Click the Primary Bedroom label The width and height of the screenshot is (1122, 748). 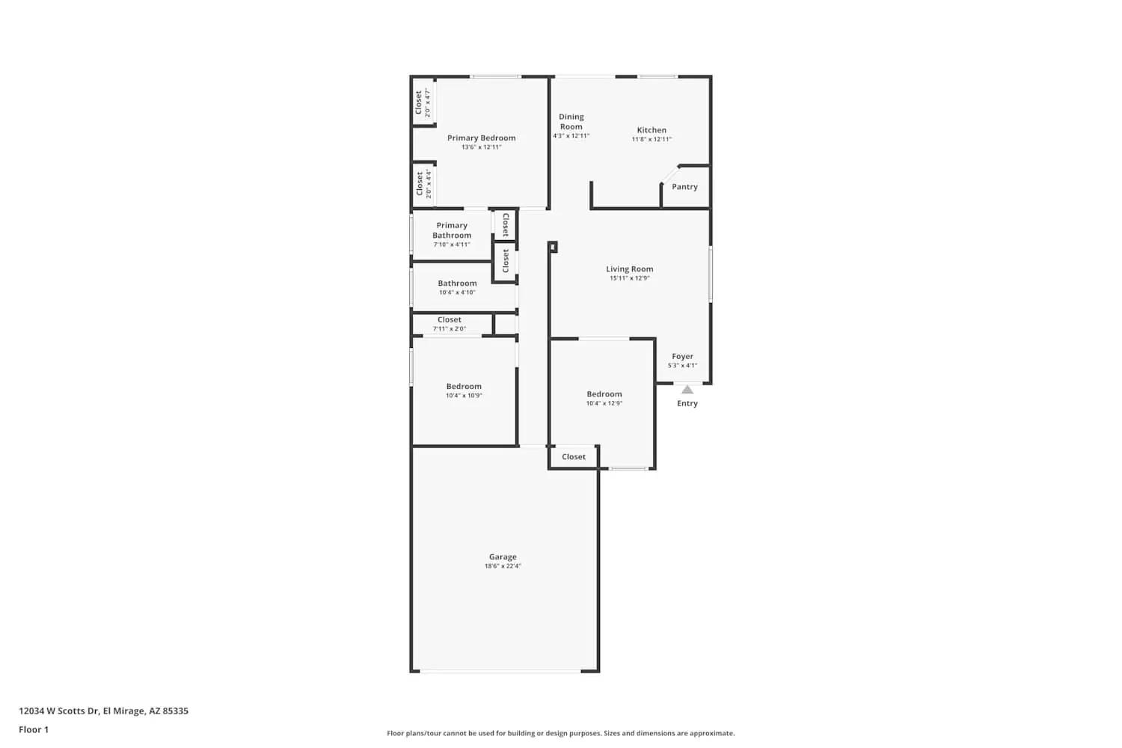(481, 138)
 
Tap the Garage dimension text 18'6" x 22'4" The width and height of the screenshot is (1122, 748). (503, 566)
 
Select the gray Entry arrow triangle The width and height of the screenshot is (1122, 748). (687, 390)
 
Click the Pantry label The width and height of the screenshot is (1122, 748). (684, 187)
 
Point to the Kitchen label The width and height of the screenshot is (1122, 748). (652, 130)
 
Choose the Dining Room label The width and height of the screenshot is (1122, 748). (571, 121)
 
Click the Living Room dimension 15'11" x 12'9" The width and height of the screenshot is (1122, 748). (629, 278)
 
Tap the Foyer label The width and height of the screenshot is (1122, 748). (682, 357)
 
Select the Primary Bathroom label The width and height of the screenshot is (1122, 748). (452, 230)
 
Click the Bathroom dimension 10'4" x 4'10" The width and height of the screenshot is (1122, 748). (457, 292)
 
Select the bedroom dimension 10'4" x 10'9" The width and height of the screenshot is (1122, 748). (464, 396)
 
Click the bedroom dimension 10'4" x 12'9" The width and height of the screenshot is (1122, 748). (604, 403)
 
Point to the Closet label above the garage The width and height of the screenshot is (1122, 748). (574, 457)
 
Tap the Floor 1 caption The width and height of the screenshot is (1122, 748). (34, 730)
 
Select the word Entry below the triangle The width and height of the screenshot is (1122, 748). (687, 404)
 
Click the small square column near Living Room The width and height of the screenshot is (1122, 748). (553, 247)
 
